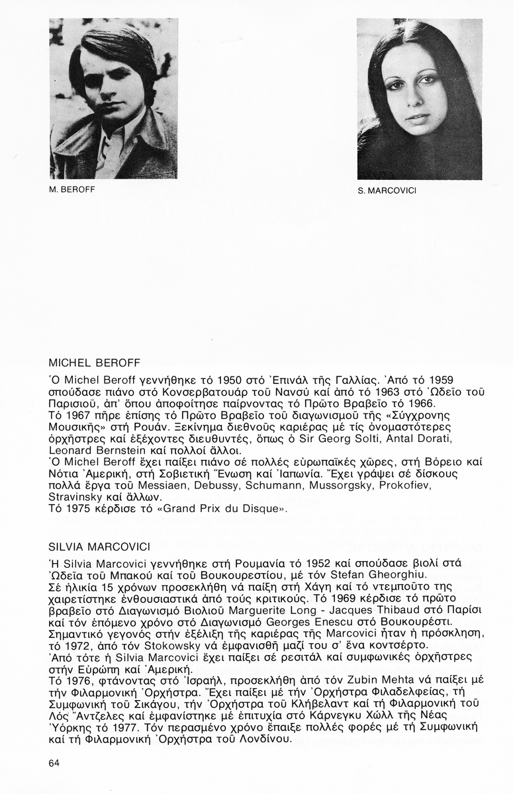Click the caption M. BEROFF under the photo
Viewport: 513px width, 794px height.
pyautogui.click(x=73, y=189)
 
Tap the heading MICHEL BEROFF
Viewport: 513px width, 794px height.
pyautogui.click(x=99, y=363)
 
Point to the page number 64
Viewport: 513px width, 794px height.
pyautogui.click(x=54, y=763)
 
